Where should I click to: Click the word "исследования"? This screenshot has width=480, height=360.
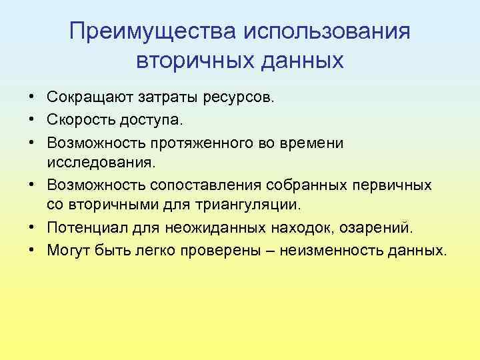pos(99,162)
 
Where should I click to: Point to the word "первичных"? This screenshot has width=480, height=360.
pos(391,183)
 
